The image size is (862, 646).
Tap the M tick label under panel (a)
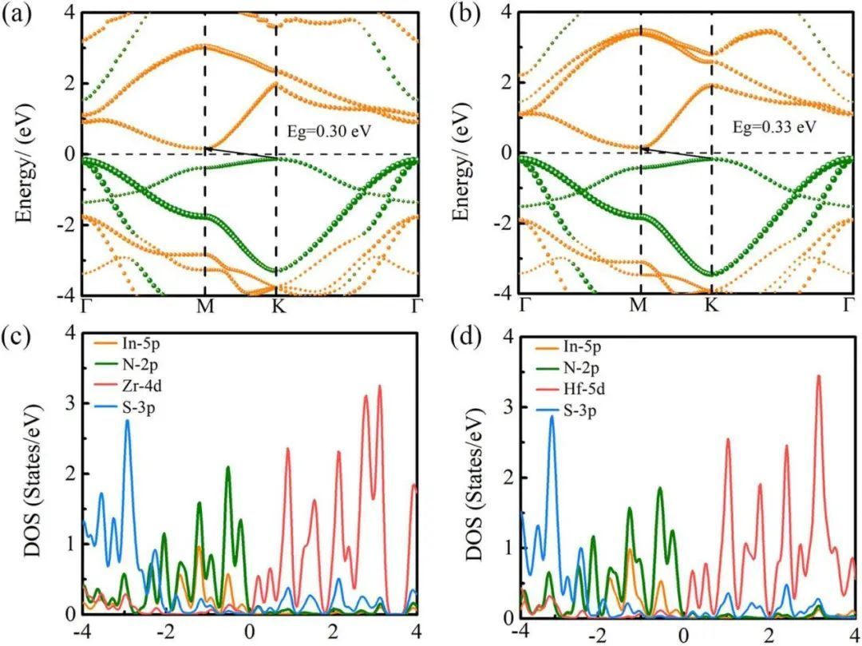point(205,306)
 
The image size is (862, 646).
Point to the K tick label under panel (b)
point(710,304)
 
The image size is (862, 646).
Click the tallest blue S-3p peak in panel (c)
point(127,421)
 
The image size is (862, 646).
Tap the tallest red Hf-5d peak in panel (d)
point(819,376)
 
